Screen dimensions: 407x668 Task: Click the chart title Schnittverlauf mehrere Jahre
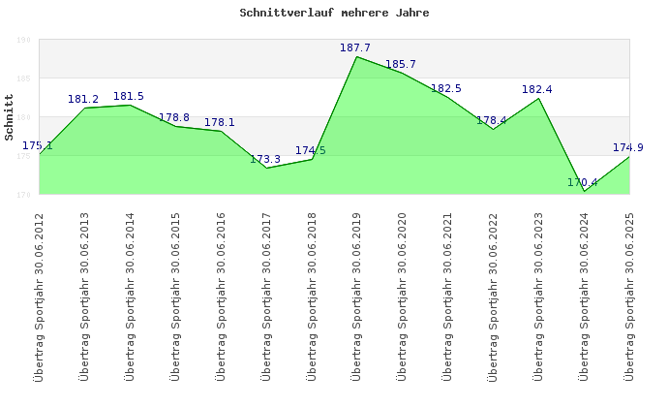coord(334,14)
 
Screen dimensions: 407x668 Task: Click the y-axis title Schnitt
coord(10,117)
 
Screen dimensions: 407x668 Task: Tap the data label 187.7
coord(355,47)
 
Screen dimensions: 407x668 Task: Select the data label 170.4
coord(583,182)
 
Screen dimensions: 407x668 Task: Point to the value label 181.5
coord(129,96)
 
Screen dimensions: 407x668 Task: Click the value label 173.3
coord(265,159)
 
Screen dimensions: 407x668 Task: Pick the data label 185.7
coord(401,64)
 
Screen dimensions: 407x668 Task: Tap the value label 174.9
coord(628,147)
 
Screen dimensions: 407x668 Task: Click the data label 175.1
coord(37,145)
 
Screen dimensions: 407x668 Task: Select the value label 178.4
coord(492,120)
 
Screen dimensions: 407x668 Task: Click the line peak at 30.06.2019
coord(356,56)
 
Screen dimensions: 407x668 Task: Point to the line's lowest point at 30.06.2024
coord(584,191)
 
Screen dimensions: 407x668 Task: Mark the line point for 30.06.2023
coord(538,98)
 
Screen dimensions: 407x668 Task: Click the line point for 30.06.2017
coord(265,168)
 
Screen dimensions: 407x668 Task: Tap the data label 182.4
coord(537,89)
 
